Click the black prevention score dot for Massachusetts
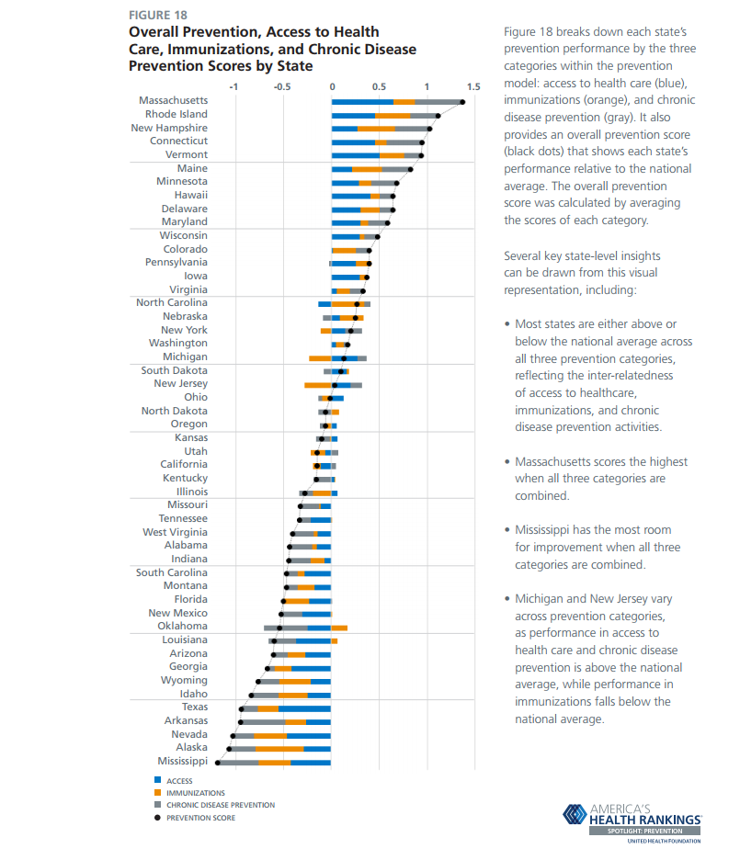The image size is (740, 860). pos(462,102)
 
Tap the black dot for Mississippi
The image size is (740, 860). pos(218,763)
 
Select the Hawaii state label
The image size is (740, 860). pos(190,195)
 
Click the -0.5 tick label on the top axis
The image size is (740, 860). pos(281,86)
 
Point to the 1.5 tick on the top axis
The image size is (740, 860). pos(473,86)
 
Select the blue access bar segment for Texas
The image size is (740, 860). pos(304,708)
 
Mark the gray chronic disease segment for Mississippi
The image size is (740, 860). pos(238,763)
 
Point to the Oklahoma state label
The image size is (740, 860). pos(182,627)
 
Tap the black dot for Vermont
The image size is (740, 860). pos(421,155)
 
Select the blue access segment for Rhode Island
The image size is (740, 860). pos(353,116)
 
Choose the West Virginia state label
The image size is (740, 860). pos(175,532)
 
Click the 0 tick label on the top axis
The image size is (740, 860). pos(332,86)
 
